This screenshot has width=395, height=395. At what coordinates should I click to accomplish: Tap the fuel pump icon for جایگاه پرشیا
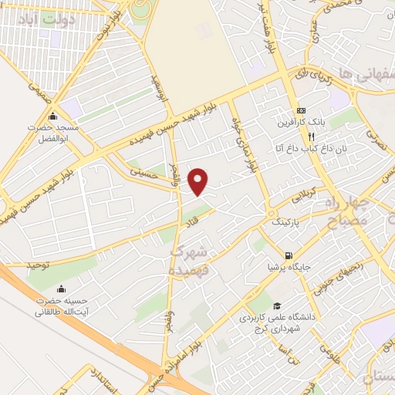(x=288, y=256)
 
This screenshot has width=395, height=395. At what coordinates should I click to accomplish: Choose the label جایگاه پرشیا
(x=288, y=268)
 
